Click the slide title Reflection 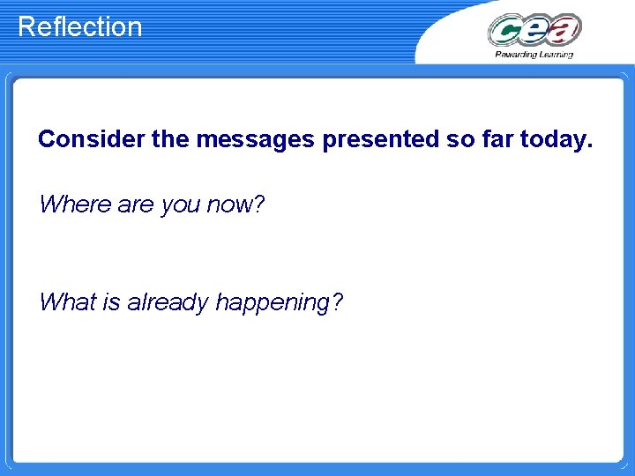(79, 26)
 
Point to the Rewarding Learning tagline (534, 55)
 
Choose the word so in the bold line (461, 139)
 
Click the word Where (75, 205)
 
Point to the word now (228, 205)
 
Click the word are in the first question (137, 205)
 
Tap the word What (68, 302)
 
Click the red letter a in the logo (564, 30)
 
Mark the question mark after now (258, 205)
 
